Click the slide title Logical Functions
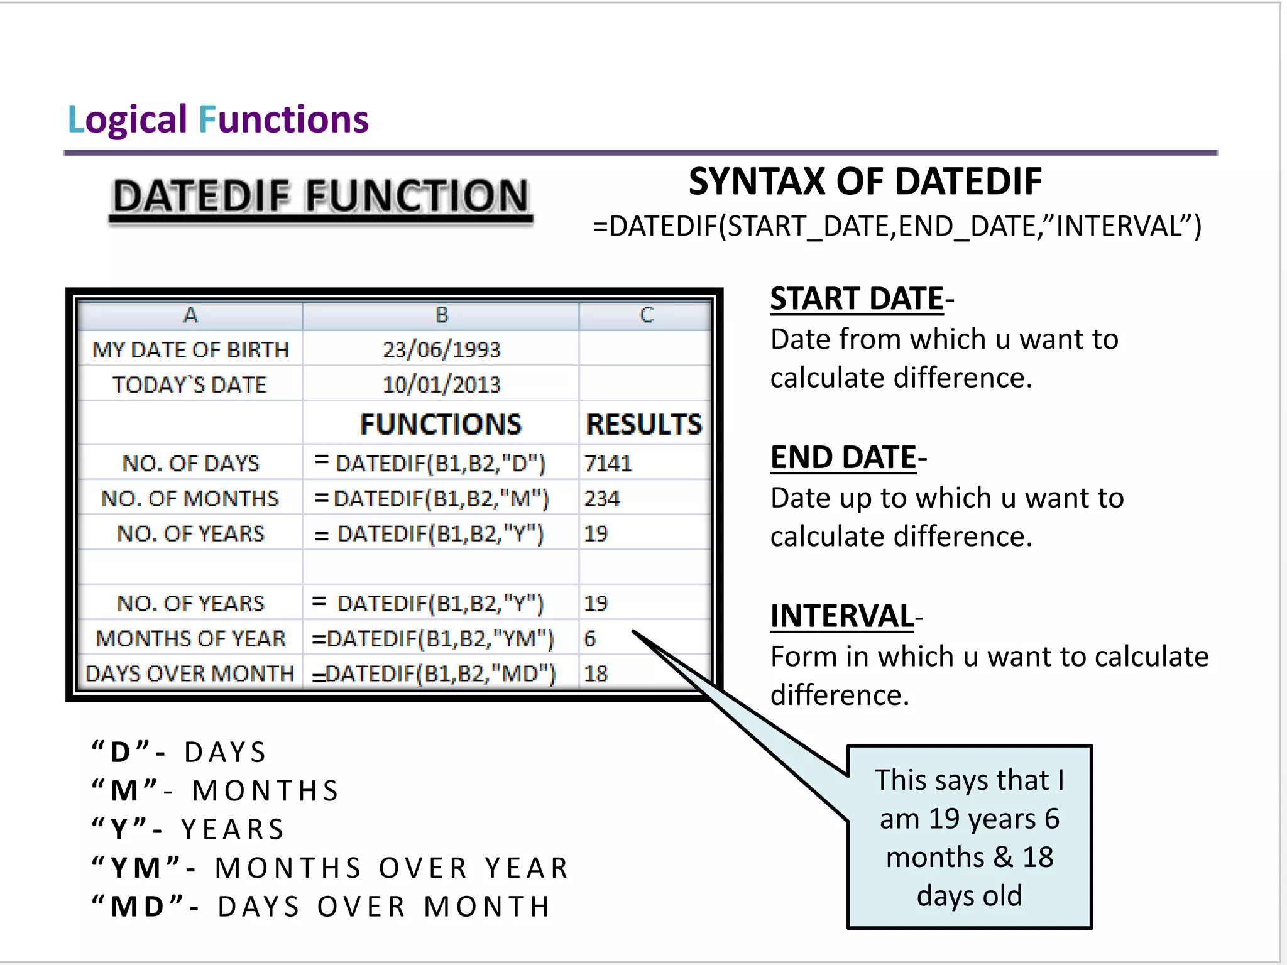[217, 119]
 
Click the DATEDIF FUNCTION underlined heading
[321, 196]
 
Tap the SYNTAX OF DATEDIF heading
[865, 182]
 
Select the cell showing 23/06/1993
[441, 349]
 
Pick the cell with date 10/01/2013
[441, 384]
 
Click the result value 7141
[608, 464]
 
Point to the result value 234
[601, 499]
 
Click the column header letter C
[646, 315]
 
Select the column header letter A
[190, 315]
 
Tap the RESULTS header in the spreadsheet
[643, 425]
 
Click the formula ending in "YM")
[433, 639]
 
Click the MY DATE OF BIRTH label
[190, 350]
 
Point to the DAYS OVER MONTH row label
[190, 673]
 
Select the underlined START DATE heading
[857, 298]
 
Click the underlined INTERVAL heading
[842, 616]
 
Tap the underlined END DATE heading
[844, 457]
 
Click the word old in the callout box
[1002, 895]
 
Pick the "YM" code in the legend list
[136, 868]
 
